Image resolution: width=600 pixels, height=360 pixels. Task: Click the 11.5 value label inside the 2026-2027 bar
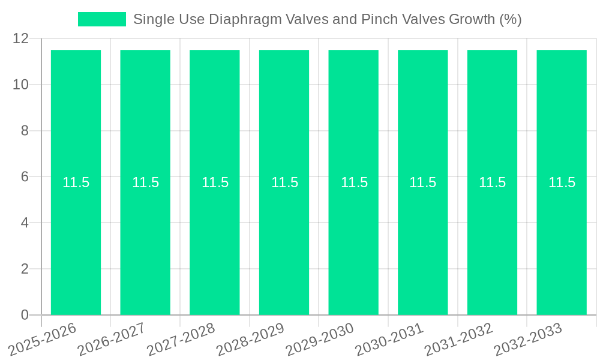[x=145, y=182]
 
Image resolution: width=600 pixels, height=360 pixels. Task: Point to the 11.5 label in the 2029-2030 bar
[x=354, y=182]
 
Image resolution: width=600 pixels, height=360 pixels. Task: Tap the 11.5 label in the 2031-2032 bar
[x=492, y=182]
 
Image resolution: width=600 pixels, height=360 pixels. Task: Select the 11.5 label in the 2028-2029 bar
[x=284, y=182]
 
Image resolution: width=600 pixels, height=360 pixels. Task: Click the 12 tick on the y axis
[x=20, y=38]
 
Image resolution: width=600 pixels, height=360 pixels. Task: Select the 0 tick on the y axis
[x=25, y=315]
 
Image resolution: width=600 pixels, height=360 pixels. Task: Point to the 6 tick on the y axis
[x=25, y=177]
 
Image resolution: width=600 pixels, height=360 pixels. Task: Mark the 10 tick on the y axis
[x=20, y=85]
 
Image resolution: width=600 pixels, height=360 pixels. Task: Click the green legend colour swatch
[x=101, y=19]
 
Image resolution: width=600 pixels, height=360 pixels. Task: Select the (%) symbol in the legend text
[x=510, y=19]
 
